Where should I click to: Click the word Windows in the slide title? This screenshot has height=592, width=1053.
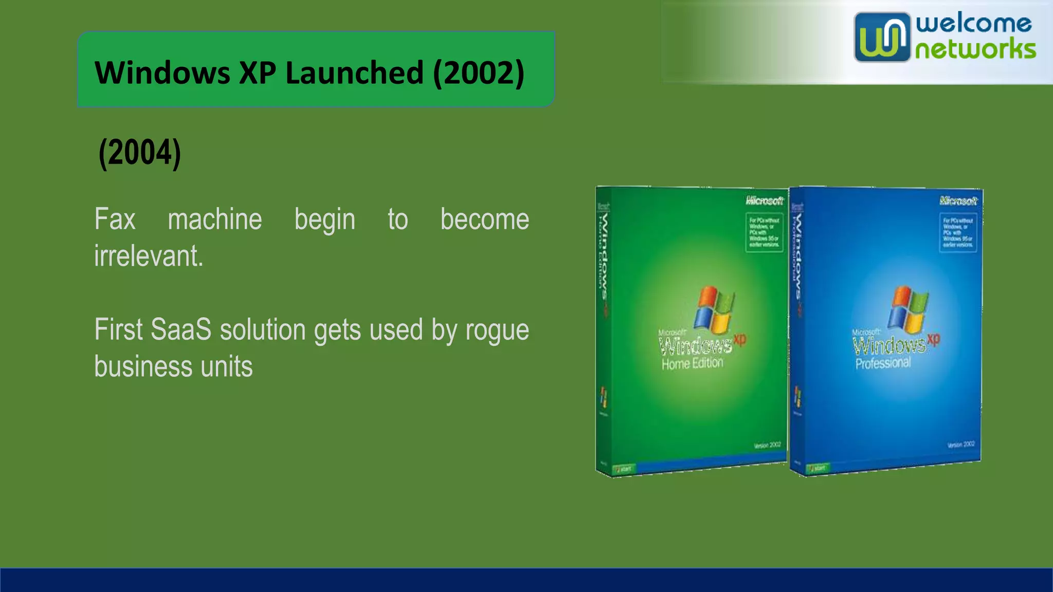click(162, 72)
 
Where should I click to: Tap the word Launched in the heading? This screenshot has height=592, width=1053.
click(354, 72)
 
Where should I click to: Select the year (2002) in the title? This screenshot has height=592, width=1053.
click(479, 72)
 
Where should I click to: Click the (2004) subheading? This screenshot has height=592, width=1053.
click(140, 153)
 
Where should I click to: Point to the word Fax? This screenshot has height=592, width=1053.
click(115, 219)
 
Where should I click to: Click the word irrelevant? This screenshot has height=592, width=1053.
click(149, 256)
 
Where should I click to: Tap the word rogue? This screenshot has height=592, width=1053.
click(497, 330)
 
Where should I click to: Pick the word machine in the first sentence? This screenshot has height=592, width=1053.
click(215, 219)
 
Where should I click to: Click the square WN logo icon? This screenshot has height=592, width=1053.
click(881, 37)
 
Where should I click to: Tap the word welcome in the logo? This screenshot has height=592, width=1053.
click(973, 24)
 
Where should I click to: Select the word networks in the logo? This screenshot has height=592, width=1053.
click(975, 50)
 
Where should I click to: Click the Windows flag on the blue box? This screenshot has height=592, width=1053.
click(909, 309)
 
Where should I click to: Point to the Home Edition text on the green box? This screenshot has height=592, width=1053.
click(692, 364)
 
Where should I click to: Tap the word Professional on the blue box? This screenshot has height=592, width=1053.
click(883, 363)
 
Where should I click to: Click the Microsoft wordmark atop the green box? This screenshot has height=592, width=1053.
click(764, 200)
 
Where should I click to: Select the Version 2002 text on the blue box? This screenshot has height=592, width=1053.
click(960, 445)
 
